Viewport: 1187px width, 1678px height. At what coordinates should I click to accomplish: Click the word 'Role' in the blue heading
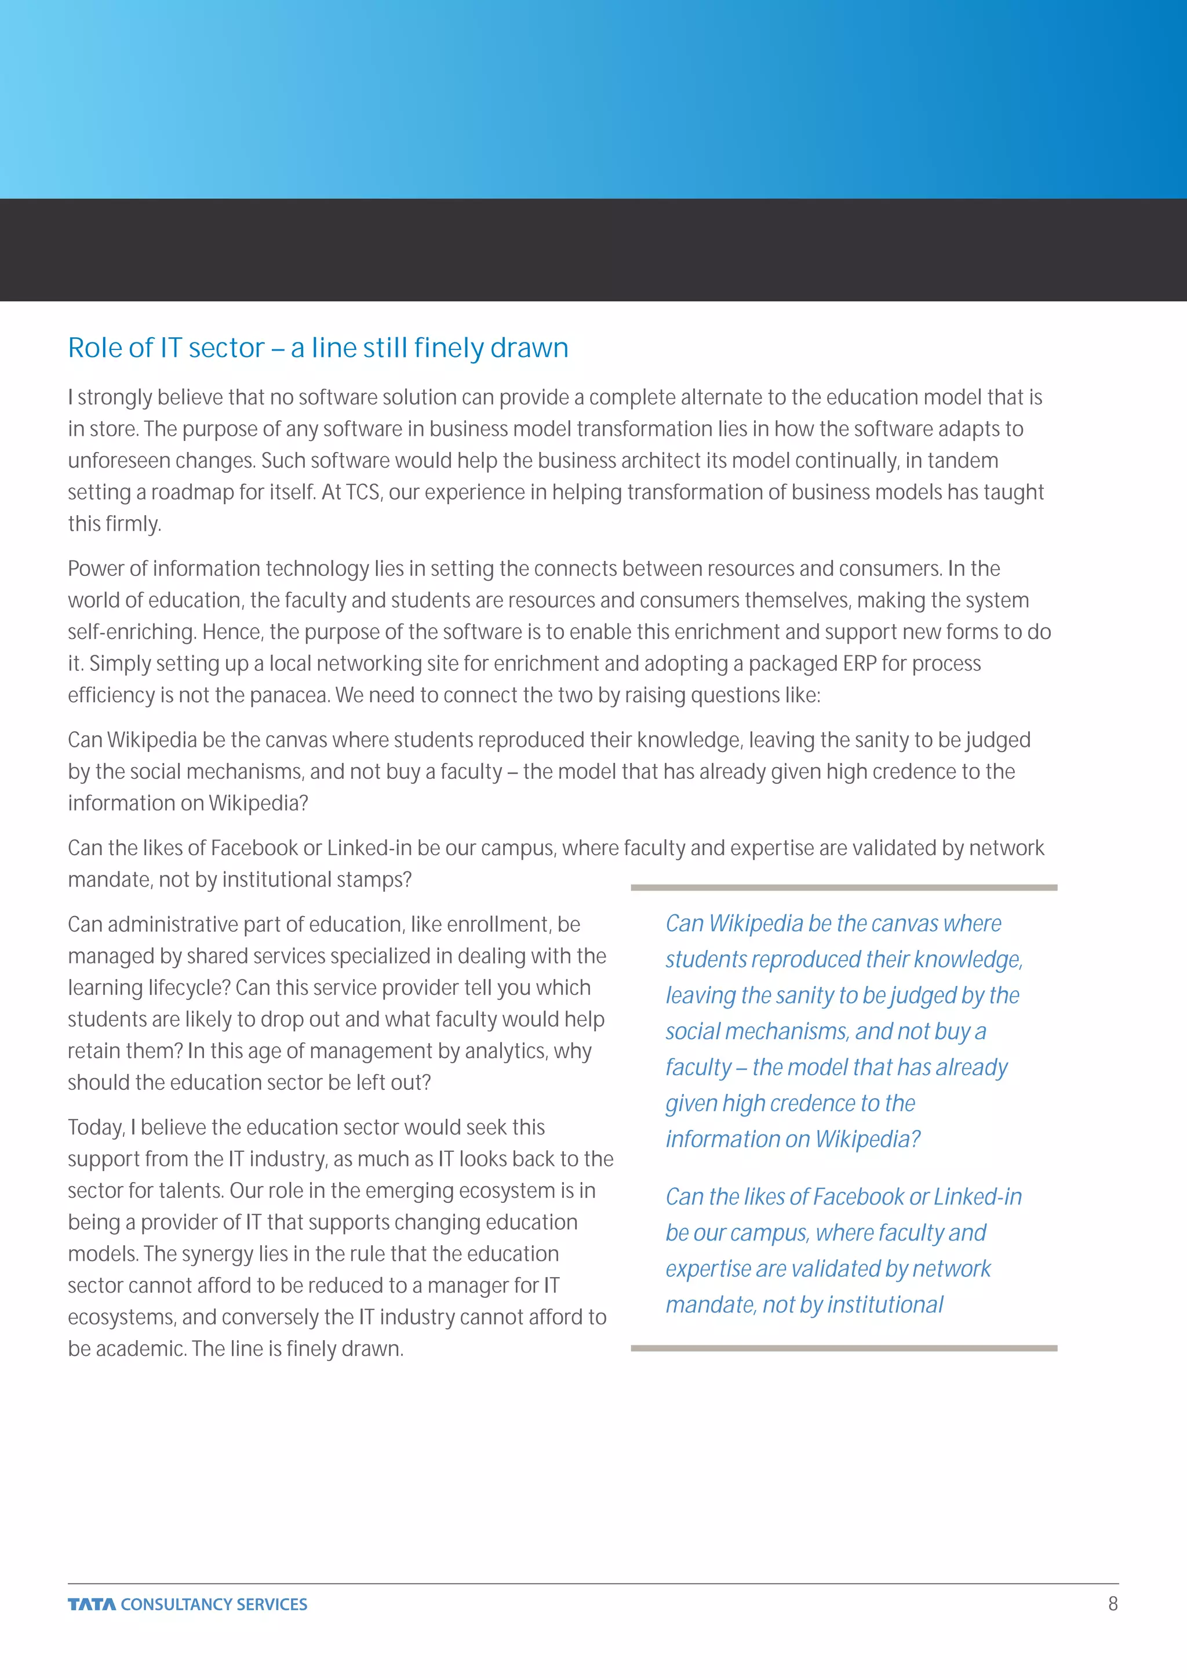click(x=95, y=348)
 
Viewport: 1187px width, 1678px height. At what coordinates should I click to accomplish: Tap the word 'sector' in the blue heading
click(x=227, y=348)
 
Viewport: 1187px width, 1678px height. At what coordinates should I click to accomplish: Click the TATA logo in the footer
click(x=92, y=1604)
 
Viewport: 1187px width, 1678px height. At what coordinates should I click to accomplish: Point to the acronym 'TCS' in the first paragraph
click(x=362, y=492)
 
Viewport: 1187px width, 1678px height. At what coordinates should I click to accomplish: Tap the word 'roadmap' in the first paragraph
click(x=192, y=492)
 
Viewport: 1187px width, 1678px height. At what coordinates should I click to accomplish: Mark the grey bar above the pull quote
click(x=843, y=887)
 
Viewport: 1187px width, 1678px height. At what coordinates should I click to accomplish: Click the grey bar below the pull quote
click(x=843, y=1348)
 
